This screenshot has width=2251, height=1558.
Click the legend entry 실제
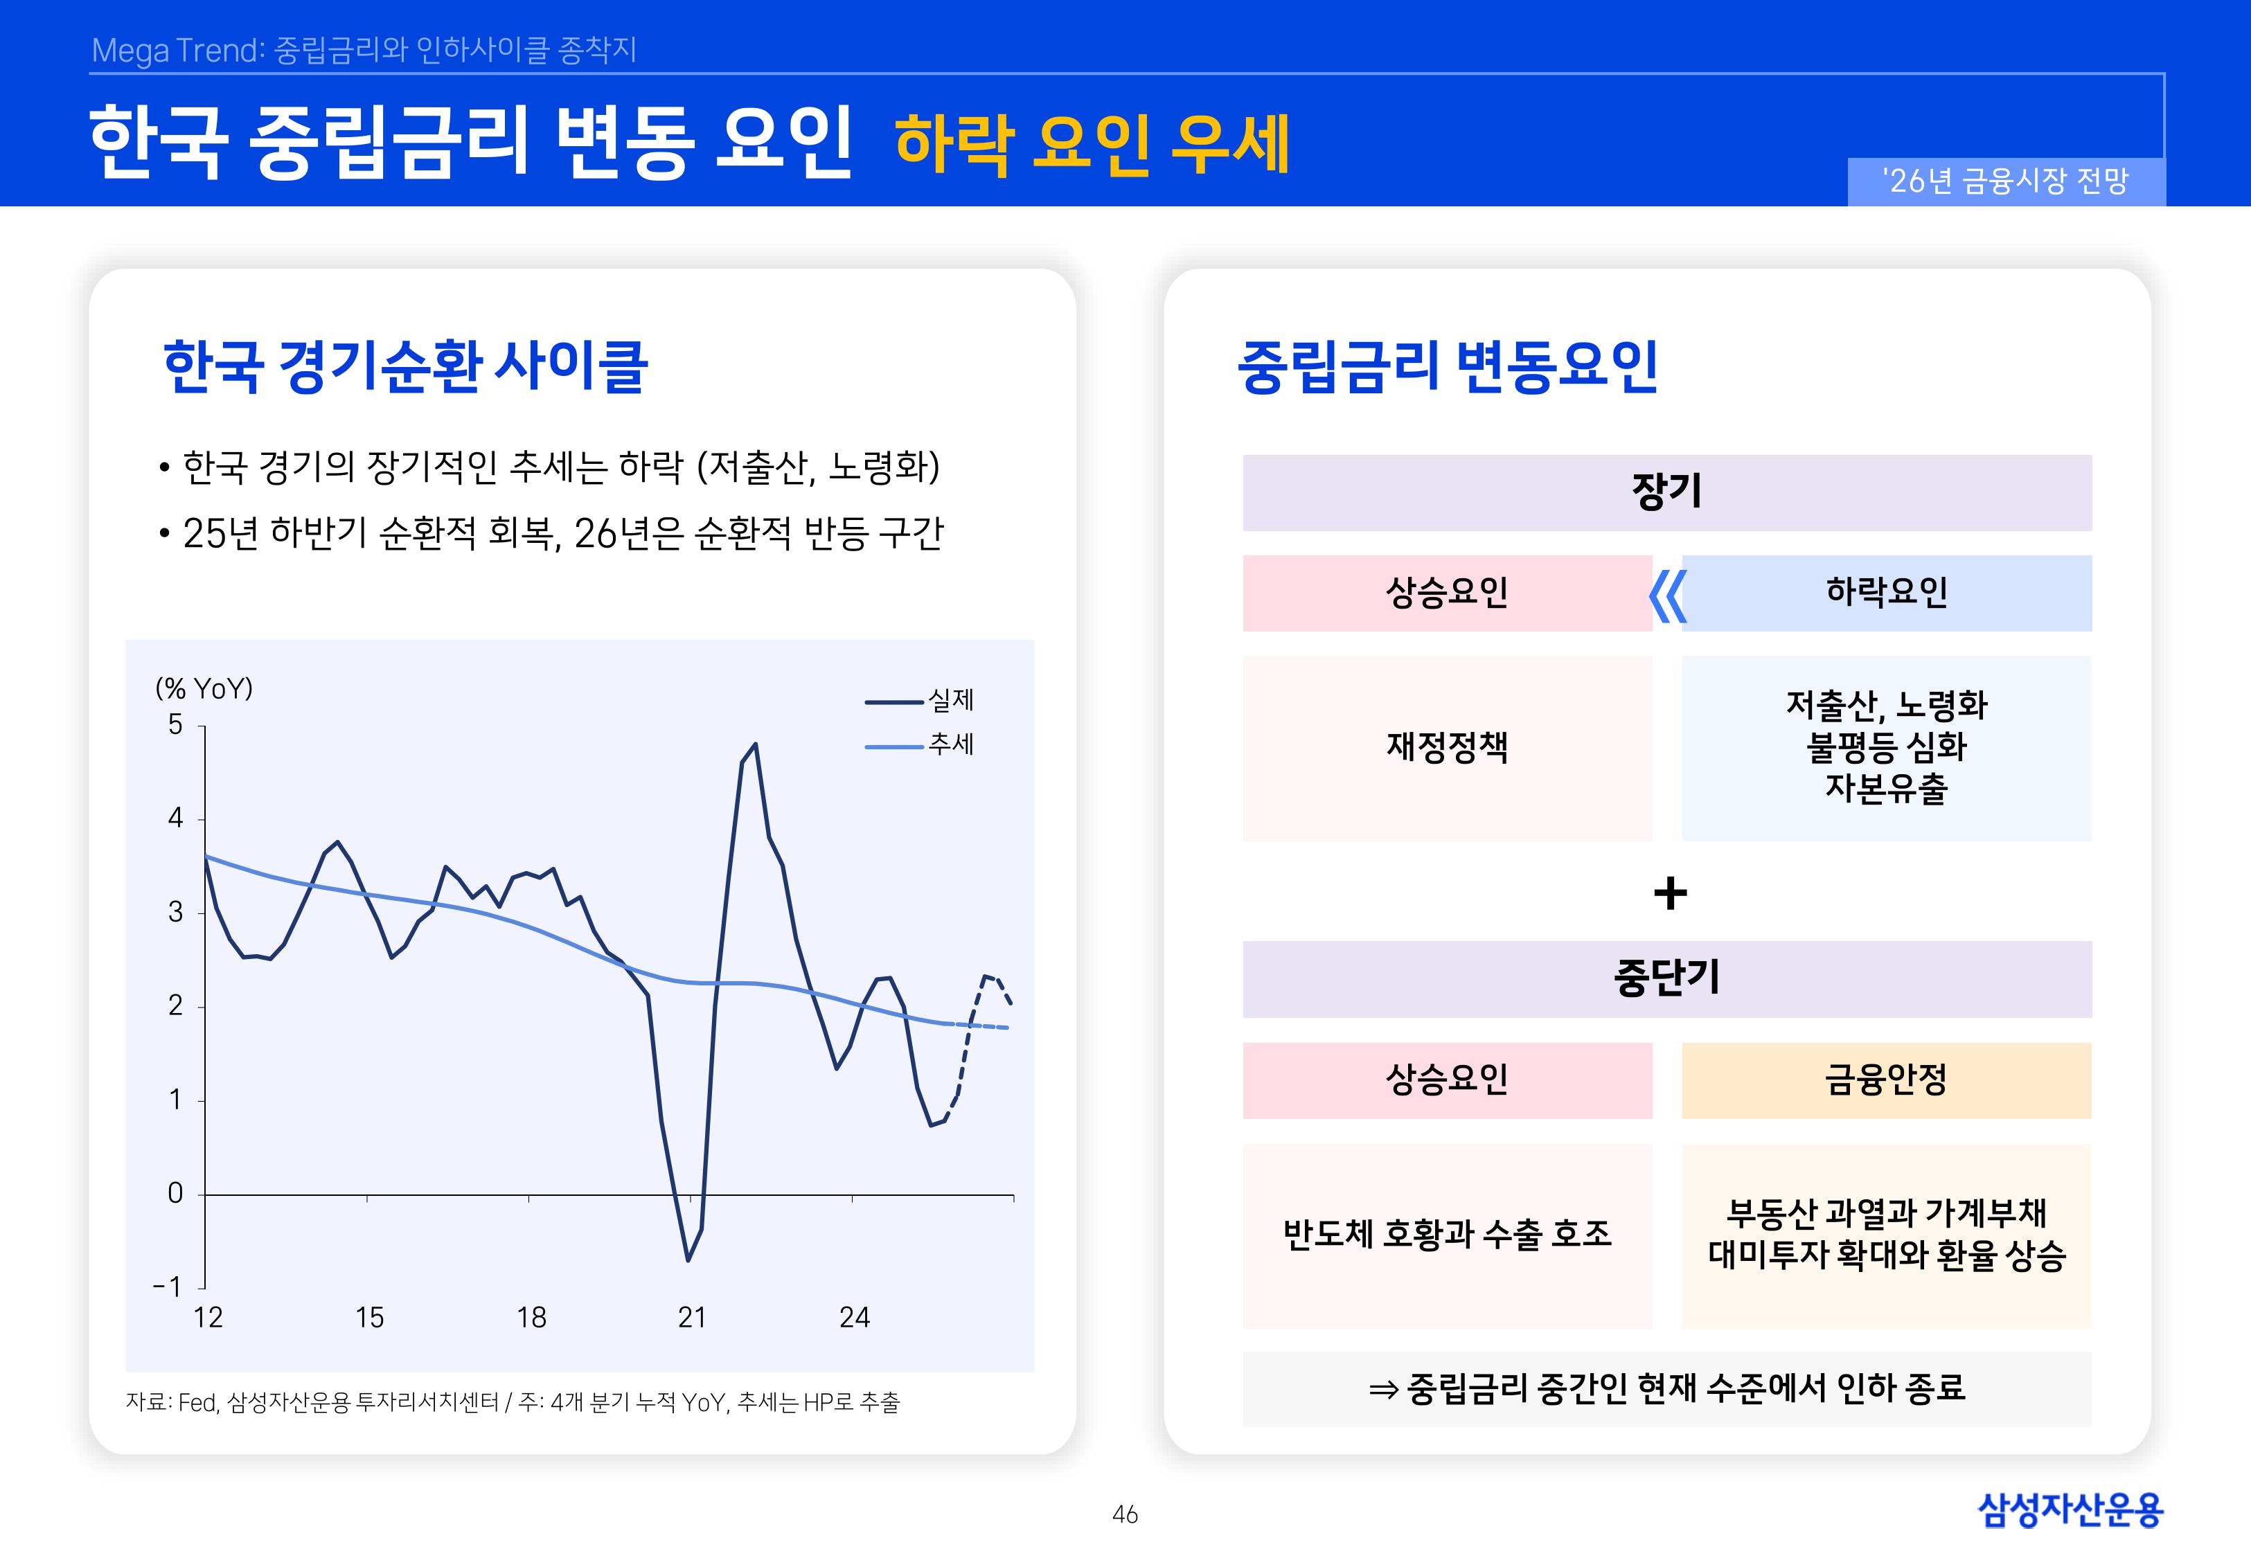tap(920, 700)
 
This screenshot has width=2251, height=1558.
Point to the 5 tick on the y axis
tap(176, 724)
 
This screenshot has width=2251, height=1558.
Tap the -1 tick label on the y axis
tap(168, 1287)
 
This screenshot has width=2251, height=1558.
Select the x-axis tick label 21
tap(692, 1318)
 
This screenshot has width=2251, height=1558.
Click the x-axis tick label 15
tap(369, 1318)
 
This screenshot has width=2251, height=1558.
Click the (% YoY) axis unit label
tap(204, 688)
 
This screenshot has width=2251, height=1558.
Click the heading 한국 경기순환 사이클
tap(405, 366)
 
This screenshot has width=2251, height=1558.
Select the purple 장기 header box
tap(1666, 492)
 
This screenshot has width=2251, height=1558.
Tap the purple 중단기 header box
tap(1666, 979)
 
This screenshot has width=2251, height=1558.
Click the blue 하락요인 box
tap(1886, 593)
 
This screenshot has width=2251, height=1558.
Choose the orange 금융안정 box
tap(1886, 1080)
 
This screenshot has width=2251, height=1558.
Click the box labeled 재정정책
tap(1447, 748)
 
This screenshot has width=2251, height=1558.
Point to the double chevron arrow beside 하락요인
tap(1667, 596)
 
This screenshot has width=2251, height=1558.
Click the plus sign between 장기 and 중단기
tap(1670, 893)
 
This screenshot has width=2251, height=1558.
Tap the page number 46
tap(1125, 1514)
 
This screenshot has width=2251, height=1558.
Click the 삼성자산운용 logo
tap(2070, 1510)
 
